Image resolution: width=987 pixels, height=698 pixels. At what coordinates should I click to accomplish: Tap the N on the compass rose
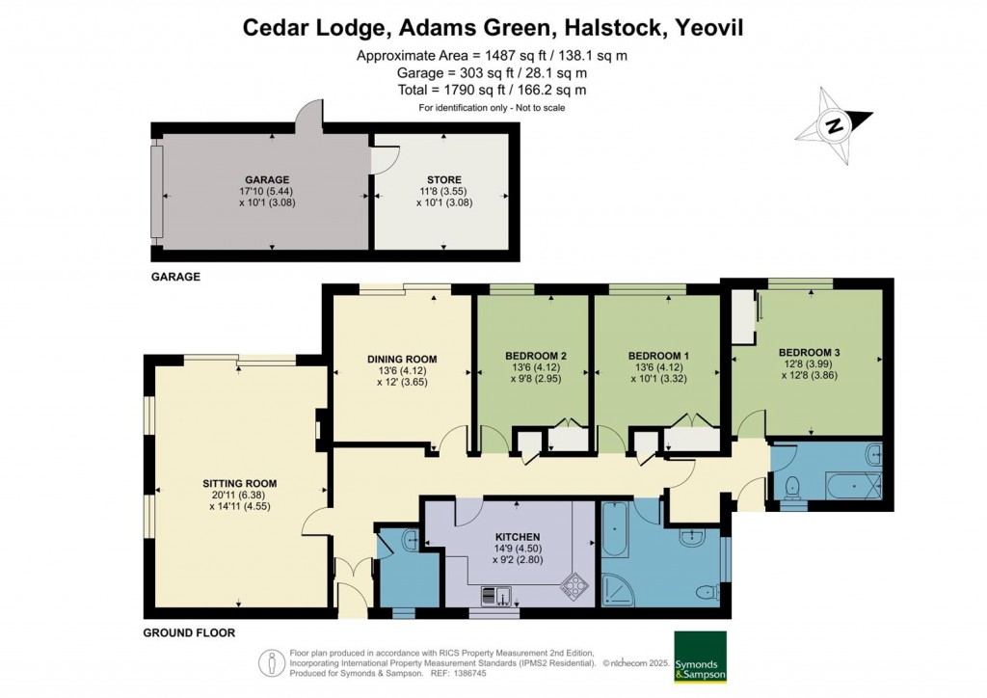pos(836,124)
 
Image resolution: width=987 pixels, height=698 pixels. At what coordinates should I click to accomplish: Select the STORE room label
pos(443,179)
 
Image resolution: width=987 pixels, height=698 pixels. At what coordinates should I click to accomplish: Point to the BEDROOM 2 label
pos(535,355)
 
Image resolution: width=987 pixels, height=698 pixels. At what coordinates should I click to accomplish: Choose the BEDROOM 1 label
pos(657,355)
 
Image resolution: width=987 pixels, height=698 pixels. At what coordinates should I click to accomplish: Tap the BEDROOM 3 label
pos(810,352)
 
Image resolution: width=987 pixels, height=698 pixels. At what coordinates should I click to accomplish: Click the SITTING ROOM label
pos(239,483)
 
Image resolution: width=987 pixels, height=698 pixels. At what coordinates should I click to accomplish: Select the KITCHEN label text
pos(518,537)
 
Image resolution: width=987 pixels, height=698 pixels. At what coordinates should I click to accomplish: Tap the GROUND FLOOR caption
pos(189,633)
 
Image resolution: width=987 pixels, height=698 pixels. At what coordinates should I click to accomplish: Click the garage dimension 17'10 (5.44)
pos(267,191)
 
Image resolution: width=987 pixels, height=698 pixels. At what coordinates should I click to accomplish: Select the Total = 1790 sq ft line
pos(492,90)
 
